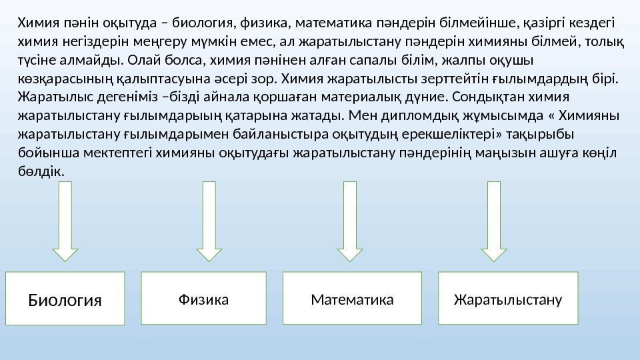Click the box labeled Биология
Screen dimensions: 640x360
pyautogui.click(x=65, y=299)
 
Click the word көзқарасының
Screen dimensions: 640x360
pyautogui.click(x=57, y=81)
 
